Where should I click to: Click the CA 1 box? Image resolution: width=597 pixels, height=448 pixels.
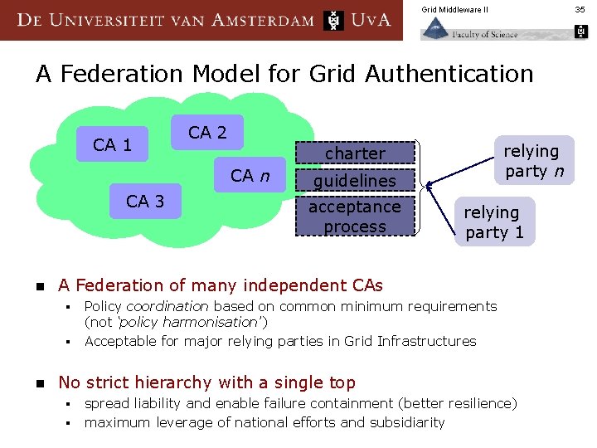[x=112, y=145]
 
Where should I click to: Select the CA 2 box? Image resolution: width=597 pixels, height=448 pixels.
[x=207, y=132]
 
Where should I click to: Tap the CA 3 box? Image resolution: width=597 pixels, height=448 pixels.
[x=145, y=201]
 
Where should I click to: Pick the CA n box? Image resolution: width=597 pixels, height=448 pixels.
[x=250, y=175]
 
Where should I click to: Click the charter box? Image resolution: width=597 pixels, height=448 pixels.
[x=355, y=153]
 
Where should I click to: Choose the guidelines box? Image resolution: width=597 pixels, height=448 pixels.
[x=355, y=180]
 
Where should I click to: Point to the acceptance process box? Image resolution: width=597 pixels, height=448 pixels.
[x=355, y=217]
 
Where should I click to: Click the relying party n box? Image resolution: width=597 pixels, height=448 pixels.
[x=531, y=160]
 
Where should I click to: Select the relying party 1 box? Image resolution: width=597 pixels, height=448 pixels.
[x=495, y=222]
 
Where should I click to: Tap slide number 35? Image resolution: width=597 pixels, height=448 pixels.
[x=581, y=9]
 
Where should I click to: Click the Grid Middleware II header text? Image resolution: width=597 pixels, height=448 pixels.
[x=455, y=9]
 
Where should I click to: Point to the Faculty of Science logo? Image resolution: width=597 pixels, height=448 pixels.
[x=469, y=31]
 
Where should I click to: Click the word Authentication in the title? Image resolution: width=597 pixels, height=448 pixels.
[x=449, y=74]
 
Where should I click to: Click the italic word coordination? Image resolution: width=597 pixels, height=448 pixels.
[x=167, y=306]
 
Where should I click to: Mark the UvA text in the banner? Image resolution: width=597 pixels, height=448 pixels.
[x=371, y=20]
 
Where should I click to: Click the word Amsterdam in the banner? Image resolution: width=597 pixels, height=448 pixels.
[x=263, y=20]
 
